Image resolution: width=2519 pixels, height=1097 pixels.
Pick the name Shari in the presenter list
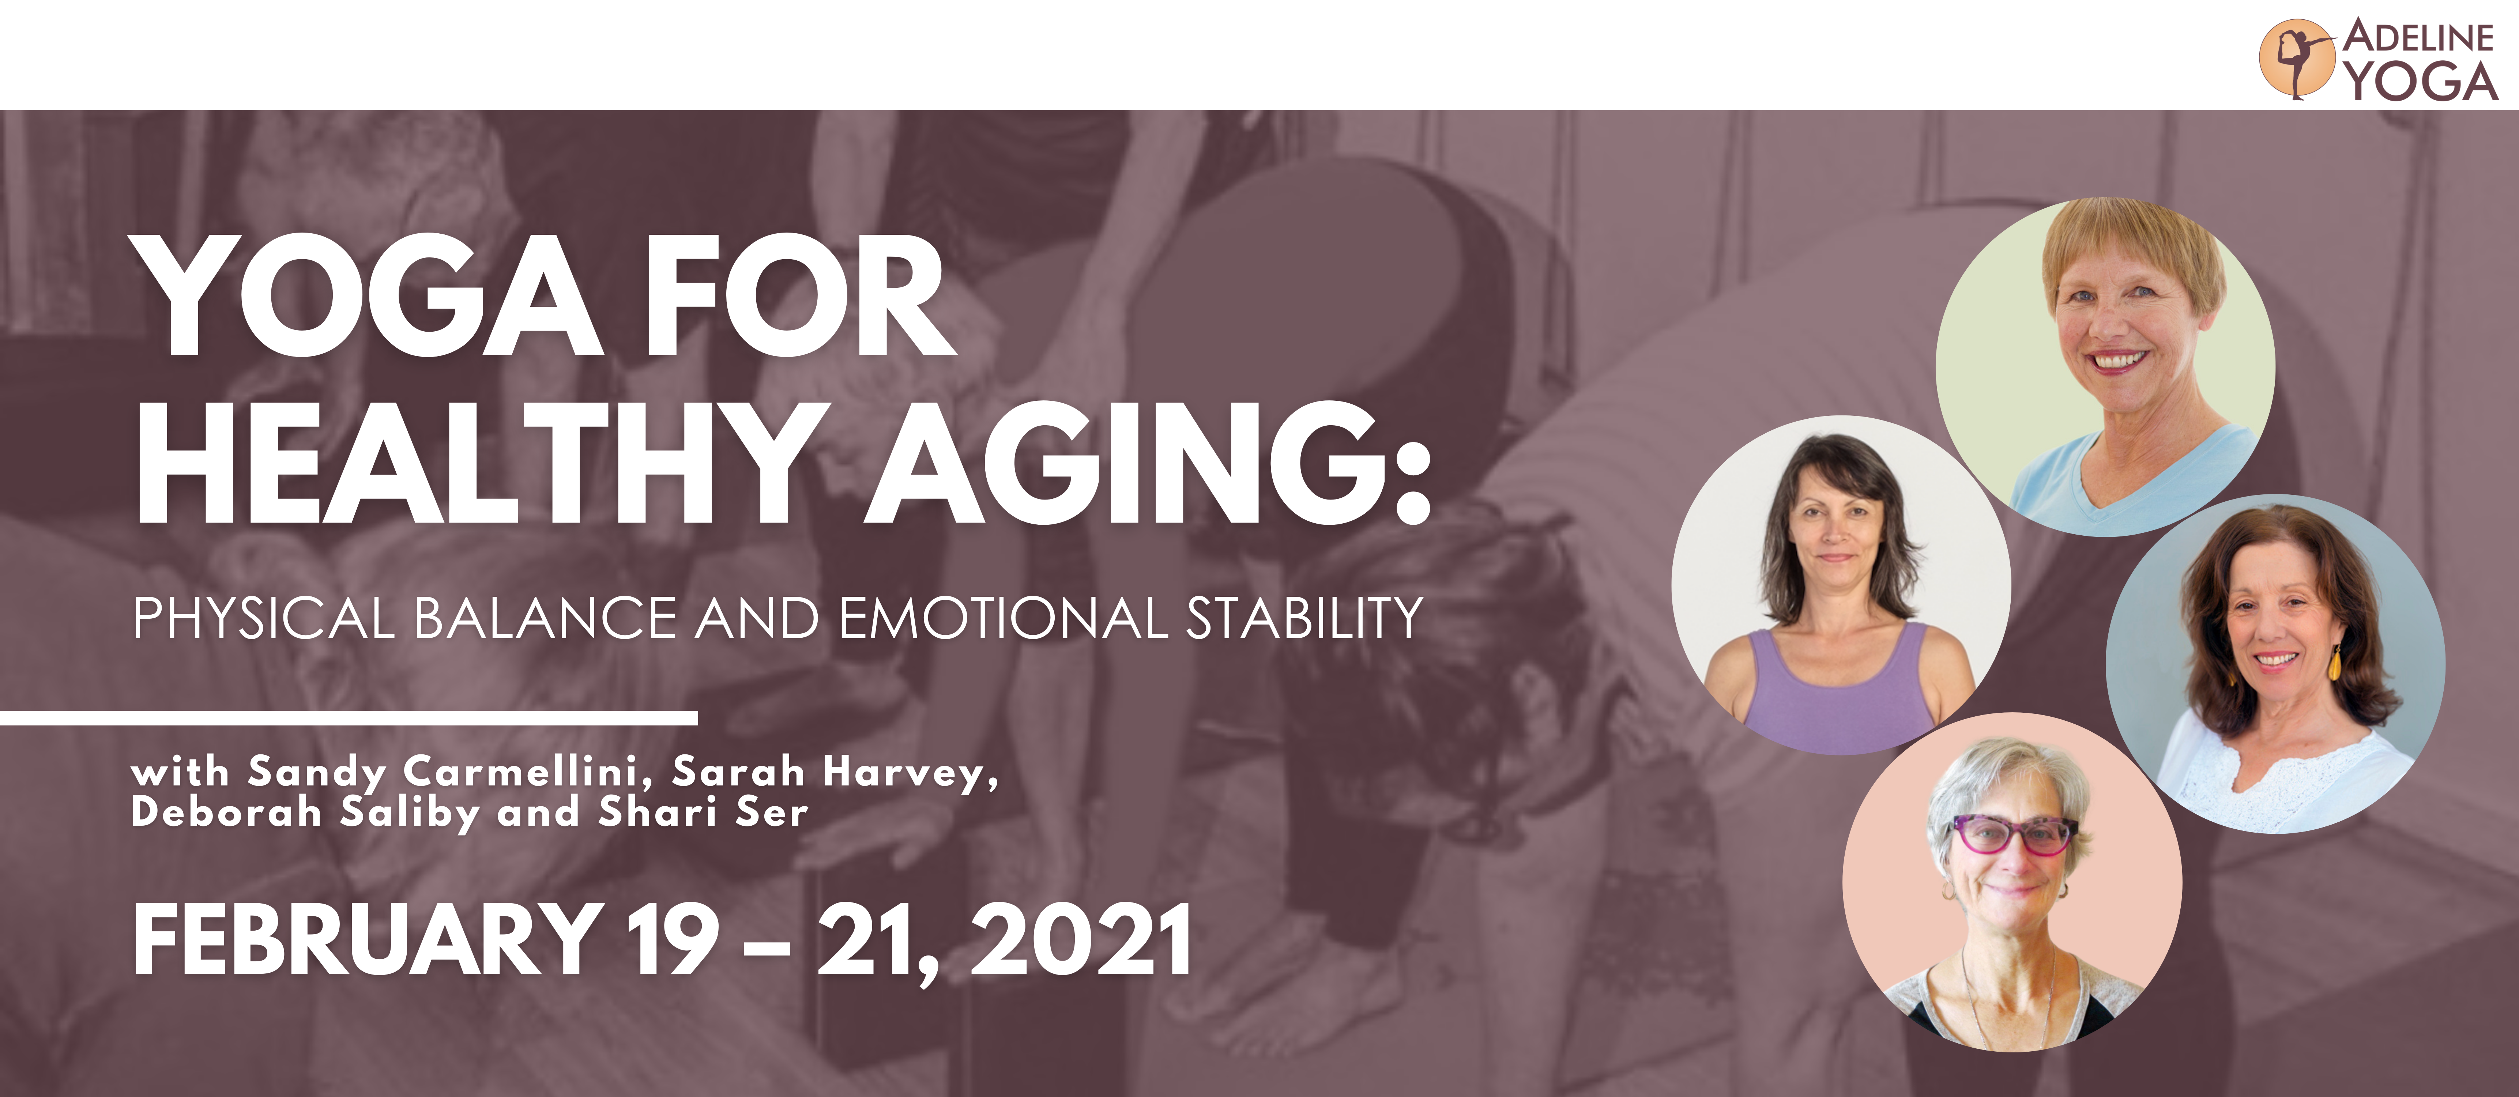(658, 811)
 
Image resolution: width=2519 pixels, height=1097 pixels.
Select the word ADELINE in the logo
(2418, 37)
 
